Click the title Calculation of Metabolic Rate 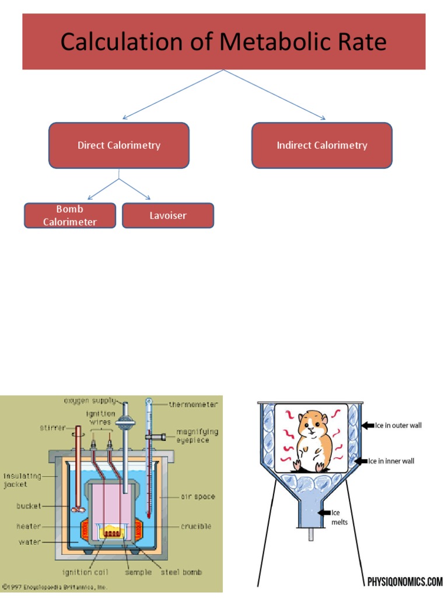pyautogui.click(x=223, y=42)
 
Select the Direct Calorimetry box pyautogui.click(x=119, y=145)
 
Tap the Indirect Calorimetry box pyautogui.click(x=322, y=145)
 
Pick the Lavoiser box pyautogui.click(x=168, y=215)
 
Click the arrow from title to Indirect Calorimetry pyautogui.click(x=275, y=95)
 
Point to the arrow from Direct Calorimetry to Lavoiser pyautogui.click(x=135, y=190)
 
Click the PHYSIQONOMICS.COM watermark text pyautogui.click(x=405, y=582)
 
